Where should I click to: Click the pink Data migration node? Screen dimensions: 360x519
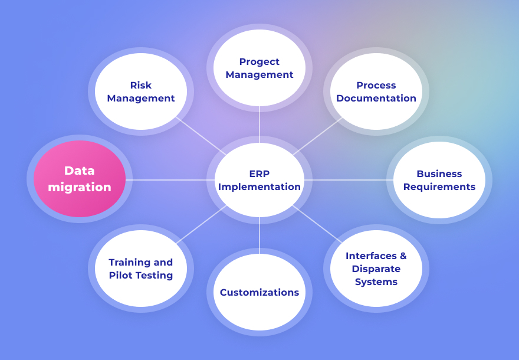(x=80, y=179)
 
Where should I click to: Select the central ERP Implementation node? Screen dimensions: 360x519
(x=259, y=180)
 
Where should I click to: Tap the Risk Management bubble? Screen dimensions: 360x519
(x=141, y=91)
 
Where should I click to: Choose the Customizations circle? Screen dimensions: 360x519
(x=259, y=292)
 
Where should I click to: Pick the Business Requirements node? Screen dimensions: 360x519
(x=439, y=180)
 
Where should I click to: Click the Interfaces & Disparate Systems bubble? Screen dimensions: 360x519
(x=376, y=269)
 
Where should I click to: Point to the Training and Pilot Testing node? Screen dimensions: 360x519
(x=141, y=269)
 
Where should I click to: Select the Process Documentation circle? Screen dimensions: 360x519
(x=376, y=91)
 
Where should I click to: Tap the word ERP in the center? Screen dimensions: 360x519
(x=259, y=174)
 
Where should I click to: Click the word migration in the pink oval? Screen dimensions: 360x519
(x=80, y=187)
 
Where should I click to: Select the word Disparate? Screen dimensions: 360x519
(x=376, y=269)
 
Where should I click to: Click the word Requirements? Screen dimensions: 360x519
(x=439, y=186)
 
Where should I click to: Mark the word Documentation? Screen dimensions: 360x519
(x=376, y=98)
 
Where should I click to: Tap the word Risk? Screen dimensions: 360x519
(x=141, y=85)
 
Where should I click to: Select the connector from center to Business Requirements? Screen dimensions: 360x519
(x=348, y=179)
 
